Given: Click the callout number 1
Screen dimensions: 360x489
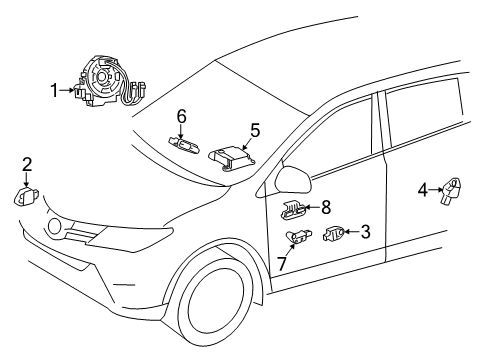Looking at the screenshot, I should [54, 91].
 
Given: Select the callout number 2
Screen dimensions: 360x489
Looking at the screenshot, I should [27, 165].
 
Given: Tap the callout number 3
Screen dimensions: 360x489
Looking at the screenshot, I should [365, 232].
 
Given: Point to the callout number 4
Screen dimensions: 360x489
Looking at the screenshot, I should [422, 188].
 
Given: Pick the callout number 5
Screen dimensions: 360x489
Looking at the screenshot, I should [255, 130].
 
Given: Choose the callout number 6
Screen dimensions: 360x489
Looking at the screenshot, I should [181, 118].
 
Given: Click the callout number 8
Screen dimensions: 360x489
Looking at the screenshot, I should [325, 208].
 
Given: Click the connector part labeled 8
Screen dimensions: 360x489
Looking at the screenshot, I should [293, 209].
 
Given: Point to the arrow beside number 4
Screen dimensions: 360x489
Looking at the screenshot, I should [435, 188].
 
